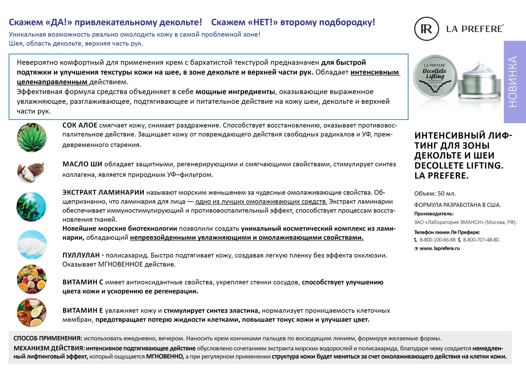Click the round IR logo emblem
(426, 29)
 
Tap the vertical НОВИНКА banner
(514, 82)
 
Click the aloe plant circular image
(32, 138)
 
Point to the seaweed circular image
(31, 207)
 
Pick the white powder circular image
(32, 245)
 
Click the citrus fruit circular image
(32, 279)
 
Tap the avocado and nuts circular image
(32, 312)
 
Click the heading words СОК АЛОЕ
(80, 125)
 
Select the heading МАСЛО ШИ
(82, 164)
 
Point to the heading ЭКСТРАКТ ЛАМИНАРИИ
(103, 193)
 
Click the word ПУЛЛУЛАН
(81, 255)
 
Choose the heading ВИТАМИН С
(83, 282)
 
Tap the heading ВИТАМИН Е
(82, 311)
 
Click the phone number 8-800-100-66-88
(437, 240)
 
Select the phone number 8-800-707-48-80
(481, 240)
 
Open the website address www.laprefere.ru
(440, 248)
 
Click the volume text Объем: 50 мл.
(435, 194)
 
